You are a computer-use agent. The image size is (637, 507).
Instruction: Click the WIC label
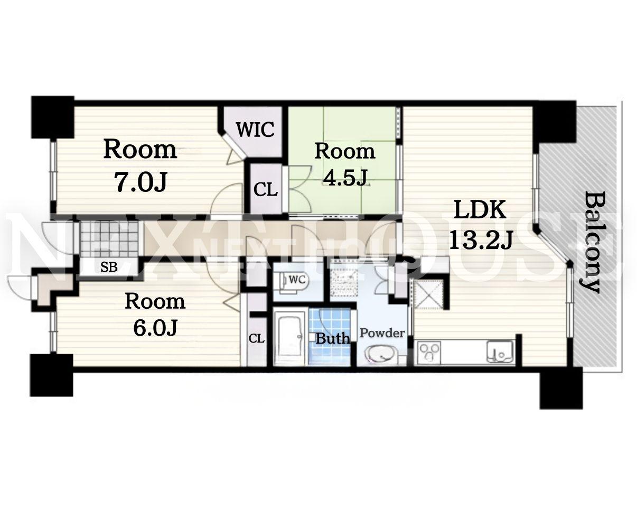click(256, 130)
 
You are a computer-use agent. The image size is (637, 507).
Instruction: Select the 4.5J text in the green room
click(345, 177)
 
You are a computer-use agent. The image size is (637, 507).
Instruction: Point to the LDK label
click(480, 210)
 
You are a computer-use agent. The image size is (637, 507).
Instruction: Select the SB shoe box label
click(109, 268)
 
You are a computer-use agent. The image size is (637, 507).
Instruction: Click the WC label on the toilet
click(297, 279)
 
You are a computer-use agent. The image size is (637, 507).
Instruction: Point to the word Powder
click(382, 333)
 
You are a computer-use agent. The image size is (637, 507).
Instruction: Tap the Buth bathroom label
click(332, 338)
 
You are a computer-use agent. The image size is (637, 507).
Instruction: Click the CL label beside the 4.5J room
click(266, 190)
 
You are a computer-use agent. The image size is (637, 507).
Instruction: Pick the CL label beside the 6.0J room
click(256, 338)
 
